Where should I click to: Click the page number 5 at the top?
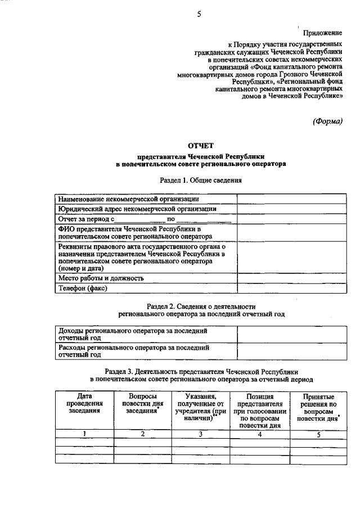[199, 15]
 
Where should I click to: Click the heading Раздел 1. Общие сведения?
[201, 181]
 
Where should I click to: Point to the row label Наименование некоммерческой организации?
[128, 199]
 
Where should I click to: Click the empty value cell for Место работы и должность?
[290, 278]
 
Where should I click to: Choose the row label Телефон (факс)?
[83, 288]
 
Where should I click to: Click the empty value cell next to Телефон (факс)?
[290, 288]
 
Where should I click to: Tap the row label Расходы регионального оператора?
[134, 351]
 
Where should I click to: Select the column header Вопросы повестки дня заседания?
[143, 403]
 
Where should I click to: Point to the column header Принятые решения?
[317, 407]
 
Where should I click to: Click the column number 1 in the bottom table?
[84, 434]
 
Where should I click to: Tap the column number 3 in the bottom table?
[201, 434]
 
